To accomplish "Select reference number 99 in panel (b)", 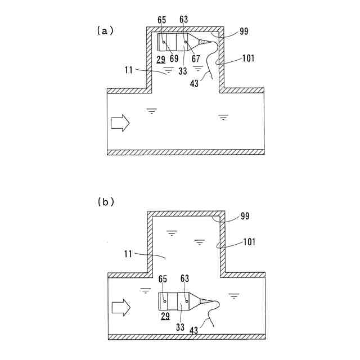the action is (244, 216).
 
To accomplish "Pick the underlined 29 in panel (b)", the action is (165, 317).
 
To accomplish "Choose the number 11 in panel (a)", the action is (129, 70).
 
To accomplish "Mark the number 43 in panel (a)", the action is (194, 83).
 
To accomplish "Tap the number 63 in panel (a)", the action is (183, 20).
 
